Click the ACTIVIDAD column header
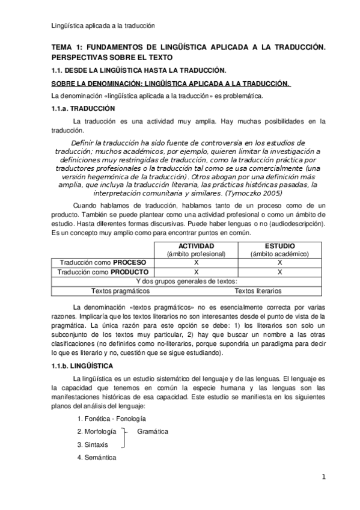pyautogui.click(x=196, y=247)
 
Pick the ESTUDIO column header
pyautogui.click(x=279, y=247)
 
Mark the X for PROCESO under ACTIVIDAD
pyautogui.click(x=196, y=263)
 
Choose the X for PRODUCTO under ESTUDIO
pyautogui.click(x=279, y=272)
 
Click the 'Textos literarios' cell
pyautogui.click(x=258, y=291)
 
